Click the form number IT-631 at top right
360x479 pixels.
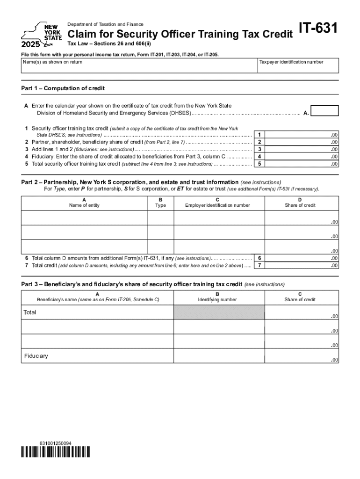(318, 29)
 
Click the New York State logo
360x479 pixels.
(41, 36)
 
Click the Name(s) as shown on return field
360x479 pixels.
(139, 66)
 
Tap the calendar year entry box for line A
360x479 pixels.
(324, 111)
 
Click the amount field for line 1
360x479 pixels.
(302, 135)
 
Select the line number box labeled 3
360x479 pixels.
(259, 149)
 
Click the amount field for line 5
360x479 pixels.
(302, 164)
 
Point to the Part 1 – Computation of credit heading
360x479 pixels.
(63, 88)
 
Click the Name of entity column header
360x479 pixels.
(84, 205)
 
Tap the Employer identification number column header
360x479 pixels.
(217, 205)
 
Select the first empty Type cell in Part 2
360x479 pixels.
(160, 218)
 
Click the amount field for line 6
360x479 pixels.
(302, 258)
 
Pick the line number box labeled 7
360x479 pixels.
(259, 265)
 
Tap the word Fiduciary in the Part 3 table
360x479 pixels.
(36, 356)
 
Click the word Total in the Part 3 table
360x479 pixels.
(30, 312)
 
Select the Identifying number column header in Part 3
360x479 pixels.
(217, 300)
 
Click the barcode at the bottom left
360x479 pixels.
(56, 452)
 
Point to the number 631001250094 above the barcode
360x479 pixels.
(56, 443)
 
